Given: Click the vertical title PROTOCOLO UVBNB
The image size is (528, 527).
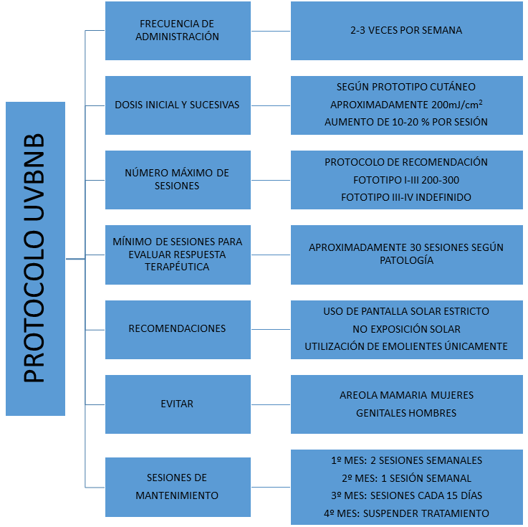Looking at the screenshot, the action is click(34, 258).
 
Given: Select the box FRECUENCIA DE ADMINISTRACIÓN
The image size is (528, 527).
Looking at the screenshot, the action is click(178, 31).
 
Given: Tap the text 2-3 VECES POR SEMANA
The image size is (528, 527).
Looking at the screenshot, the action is click(406, 30).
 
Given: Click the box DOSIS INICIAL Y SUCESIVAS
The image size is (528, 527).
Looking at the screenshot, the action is click(178, 105).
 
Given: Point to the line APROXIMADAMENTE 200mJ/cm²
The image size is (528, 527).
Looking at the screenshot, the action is click(406, 105).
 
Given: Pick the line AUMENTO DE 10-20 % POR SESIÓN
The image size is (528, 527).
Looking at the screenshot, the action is click(406, 122).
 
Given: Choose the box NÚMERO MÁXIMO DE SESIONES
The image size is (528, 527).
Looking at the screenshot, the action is click(178, 180).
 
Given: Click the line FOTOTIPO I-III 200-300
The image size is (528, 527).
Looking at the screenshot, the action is click(406, 180).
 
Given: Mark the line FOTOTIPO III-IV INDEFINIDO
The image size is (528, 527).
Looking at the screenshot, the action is click(406, 197).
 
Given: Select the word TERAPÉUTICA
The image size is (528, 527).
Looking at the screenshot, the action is click(177, 267).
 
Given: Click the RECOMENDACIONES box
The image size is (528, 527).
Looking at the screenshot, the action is click(178, 330).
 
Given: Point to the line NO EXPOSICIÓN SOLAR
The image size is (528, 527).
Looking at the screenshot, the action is click(406, 329).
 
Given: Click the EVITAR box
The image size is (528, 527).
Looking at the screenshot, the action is click(178, 404).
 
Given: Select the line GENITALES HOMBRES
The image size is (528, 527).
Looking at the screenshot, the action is click(406, 413).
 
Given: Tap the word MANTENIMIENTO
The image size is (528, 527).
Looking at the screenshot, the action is click(177, 495).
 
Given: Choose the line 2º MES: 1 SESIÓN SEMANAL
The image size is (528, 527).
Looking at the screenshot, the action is click(406, 478).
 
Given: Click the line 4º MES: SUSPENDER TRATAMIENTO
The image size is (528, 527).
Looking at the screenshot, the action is click(406, 513).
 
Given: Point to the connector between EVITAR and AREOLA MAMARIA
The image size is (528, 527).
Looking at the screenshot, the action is click(271, 404).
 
